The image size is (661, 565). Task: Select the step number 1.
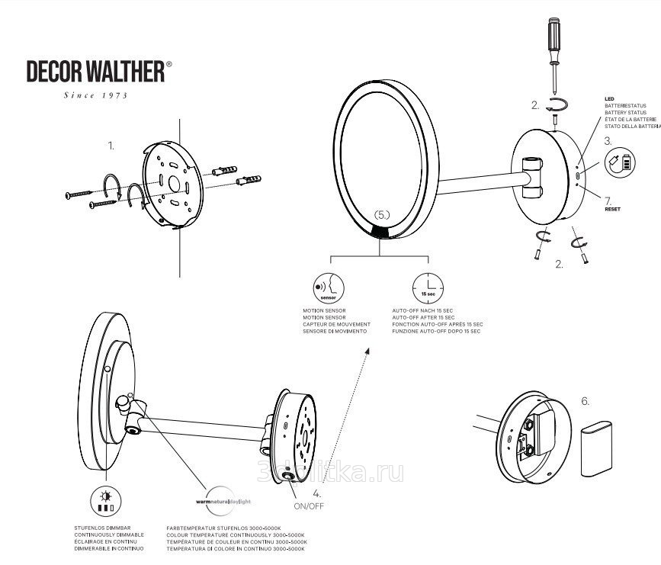point(111,144)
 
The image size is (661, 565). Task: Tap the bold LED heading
point(609,99)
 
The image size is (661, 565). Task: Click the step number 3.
point(608,141)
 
